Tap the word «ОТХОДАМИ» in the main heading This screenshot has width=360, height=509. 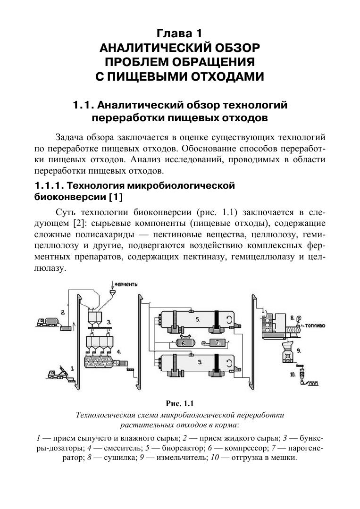pos(224,76)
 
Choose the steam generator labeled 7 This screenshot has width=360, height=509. pos(217,343)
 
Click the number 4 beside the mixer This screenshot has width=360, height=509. pos(119,351)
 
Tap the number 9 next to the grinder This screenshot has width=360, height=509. pos(299,350)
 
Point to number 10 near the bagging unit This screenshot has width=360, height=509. pos(293,375)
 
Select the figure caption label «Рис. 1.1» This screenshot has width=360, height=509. pos(180,403)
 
